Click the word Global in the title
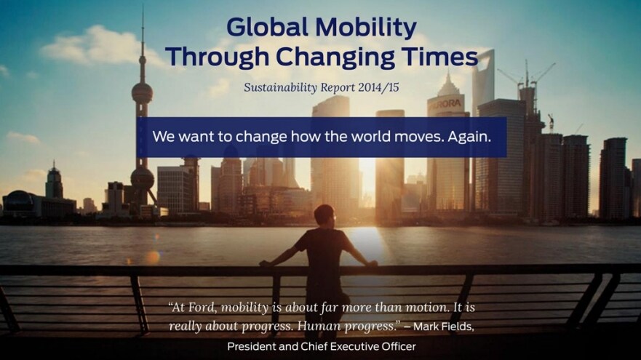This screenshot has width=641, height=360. [x=267, y=28]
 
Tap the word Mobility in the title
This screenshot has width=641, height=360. [x=366, y=28]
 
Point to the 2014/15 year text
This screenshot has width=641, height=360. [x=378, y=87]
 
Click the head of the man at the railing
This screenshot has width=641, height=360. [x=325, y=215]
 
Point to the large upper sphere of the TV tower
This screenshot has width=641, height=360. [x=142, y=93]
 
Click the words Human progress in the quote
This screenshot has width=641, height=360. [x=346, y=327]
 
